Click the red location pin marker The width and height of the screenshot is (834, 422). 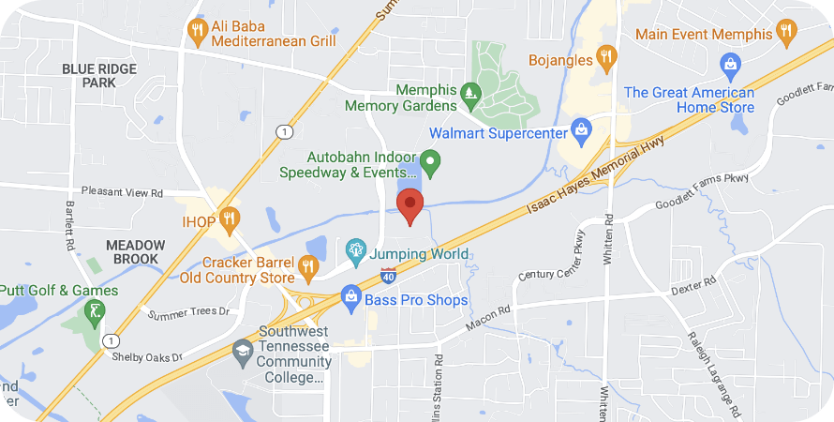click(x=410, y=204)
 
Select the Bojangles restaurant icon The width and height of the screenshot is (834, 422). click(x=605, y=58)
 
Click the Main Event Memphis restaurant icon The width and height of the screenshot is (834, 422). click(x=785, y=32)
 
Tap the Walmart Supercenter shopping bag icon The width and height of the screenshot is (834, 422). click(x=581, y=129)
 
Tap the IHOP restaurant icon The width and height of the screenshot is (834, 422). click(x=229, y=220)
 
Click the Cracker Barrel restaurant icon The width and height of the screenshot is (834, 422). click(x=308, y=268)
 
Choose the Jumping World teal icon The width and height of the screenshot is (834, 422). click(x=356, y=250)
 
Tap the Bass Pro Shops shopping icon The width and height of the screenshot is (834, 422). click(x=350, y=299)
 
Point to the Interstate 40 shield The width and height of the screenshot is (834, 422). click(x=389, y=275)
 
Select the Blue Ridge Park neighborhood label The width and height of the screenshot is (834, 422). click(x=99, y=76)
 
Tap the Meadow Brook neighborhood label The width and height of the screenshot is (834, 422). click(x=135, y=252)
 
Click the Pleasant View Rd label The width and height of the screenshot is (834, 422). click(x=122, y=192)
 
